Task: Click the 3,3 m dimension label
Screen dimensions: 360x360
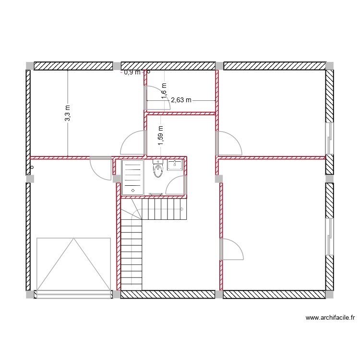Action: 68,113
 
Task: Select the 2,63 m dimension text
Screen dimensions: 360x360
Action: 181,100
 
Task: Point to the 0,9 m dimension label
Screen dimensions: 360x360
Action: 132,72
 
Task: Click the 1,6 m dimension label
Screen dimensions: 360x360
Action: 164,89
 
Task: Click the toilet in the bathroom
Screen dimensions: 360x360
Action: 157,169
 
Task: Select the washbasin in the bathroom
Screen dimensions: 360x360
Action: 174,166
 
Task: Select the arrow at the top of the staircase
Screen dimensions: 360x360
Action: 182,210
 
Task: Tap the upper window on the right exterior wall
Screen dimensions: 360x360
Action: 329,137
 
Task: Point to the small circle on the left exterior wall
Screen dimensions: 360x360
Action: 32,168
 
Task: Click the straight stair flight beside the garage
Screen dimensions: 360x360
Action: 131,254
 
